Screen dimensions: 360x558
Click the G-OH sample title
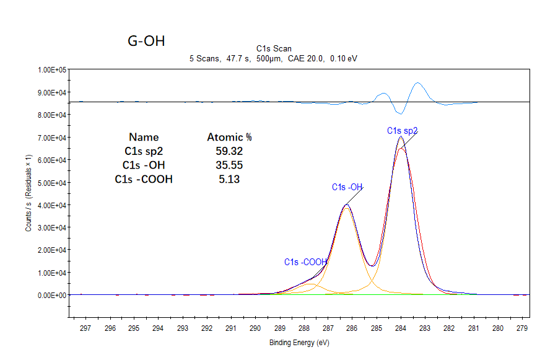click(x=146, y=42)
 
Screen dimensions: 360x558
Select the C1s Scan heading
click(x=274, y=48)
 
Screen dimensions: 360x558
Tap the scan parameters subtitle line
click(x=273, y=58)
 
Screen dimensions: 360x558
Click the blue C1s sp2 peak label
click(x=403, y=131)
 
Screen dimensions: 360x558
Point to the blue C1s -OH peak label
click(x=347, y=187)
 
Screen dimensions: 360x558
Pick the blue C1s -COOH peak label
click(x=305, y=262)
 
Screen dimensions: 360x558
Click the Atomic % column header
click(x=229, y=137)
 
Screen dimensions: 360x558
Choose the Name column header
click(x=144, y=137)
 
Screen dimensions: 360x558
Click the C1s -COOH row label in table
click(x=144, y=179)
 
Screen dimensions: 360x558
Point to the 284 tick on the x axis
click(x=401, y=328)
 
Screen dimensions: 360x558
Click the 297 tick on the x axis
click(x=85, y=328)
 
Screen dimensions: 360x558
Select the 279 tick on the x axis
click(x=522, y=328)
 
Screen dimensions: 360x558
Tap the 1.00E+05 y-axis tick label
click(x=52, y=70)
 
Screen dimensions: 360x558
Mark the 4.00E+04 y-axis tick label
click(x=52, y=205)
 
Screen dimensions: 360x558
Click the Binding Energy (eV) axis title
click(x=299, y=343)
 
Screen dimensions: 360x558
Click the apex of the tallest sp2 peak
click(x=401, y=137)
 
